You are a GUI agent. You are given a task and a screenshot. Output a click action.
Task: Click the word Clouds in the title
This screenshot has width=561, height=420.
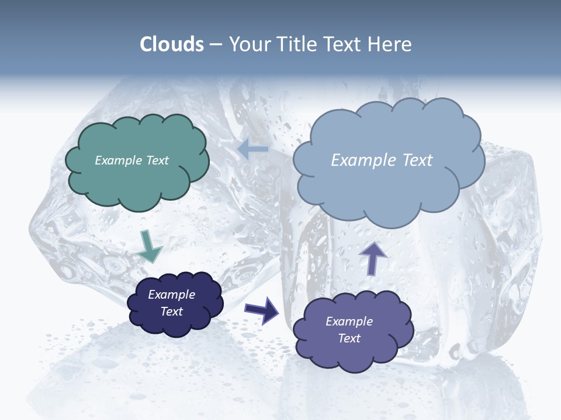172,44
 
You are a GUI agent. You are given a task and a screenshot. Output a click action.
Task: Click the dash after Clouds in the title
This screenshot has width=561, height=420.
216,45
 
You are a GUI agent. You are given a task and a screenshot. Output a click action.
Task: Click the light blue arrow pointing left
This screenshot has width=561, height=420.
252,149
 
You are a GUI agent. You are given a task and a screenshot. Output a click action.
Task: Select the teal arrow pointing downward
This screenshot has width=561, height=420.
149,246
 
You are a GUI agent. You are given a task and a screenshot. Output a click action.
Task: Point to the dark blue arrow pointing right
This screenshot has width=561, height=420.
262,310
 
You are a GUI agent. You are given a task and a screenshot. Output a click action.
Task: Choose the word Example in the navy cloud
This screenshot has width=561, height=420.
171,295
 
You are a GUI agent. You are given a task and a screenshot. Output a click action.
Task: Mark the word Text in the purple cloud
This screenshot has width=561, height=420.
349,338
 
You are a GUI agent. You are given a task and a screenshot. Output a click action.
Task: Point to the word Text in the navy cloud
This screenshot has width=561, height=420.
171,311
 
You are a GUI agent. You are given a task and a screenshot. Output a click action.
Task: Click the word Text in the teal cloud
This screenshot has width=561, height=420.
157,160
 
